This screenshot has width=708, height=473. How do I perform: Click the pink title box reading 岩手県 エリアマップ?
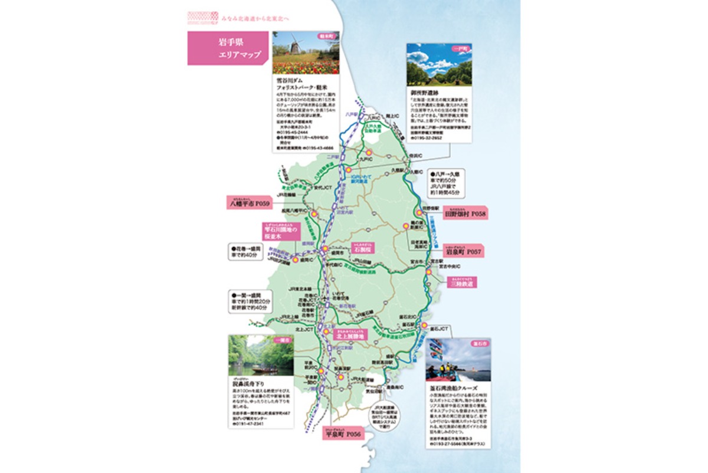click(229, 48)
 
